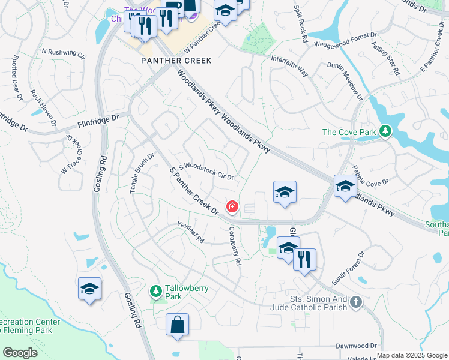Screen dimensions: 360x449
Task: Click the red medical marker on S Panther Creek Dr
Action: pos(231,207)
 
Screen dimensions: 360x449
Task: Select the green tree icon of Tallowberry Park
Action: pos(156,292)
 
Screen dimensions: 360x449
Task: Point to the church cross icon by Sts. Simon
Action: pos(356,302)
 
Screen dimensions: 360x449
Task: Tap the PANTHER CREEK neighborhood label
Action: pos(169,61)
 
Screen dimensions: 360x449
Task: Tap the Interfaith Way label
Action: pos(289,67)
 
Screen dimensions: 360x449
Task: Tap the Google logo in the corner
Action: pos(20,353)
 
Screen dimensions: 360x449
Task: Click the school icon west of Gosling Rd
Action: pos(90,289)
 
